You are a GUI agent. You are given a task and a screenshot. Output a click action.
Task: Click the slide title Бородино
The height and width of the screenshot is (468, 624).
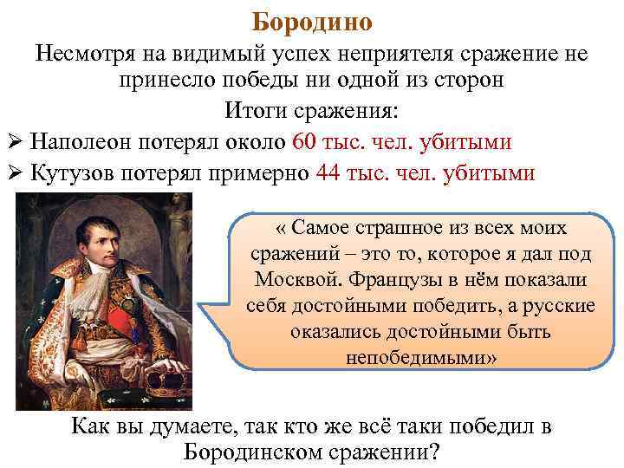point(312,20)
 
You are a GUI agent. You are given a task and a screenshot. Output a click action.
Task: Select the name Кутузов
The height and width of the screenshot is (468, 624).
point(75,172)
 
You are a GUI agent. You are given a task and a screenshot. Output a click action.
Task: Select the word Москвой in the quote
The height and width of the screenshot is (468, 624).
point(292,283)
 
